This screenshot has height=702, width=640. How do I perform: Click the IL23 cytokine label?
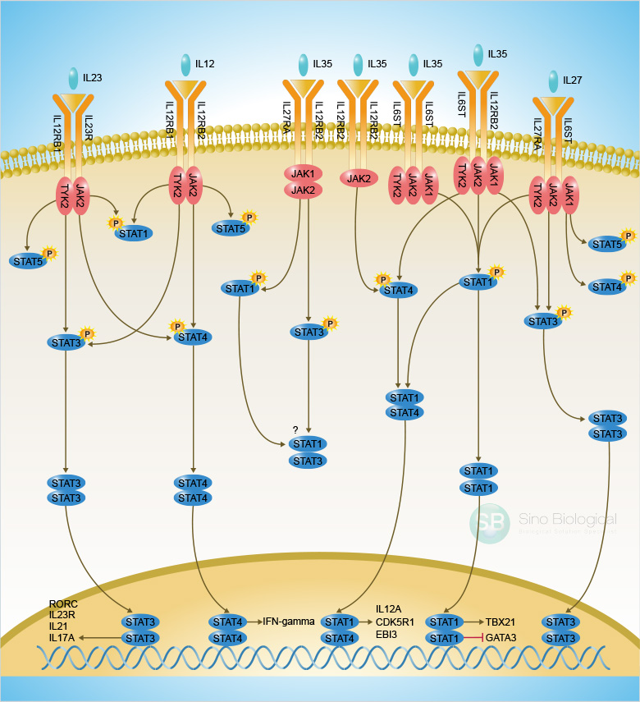(x=92, y=79)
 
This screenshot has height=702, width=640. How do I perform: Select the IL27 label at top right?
(x=572, y=80)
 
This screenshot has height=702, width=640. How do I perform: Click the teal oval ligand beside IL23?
(x=74, y=80)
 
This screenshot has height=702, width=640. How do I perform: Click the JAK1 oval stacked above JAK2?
(x=303, y=173)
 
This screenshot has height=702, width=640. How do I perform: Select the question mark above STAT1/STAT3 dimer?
(x=295, y=429)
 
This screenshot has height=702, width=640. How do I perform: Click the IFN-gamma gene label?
(x=289, y=622)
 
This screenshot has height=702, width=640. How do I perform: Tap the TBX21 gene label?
(x=500, y=622)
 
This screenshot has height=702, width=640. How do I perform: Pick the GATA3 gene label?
(x=501, y=637)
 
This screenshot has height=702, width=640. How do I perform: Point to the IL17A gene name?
(x=62, y=636)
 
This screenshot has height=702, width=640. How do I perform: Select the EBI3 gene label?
(x=386, y=634)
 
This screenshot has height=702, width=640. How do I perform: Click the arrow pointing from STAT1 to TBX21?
(x=473, y=622)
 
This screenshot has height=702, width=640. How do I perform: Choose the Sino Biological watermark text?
(x=567, y=519)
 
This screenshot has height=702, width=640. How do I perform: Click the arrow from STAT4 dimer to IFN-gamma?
(x=254, y=622)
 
